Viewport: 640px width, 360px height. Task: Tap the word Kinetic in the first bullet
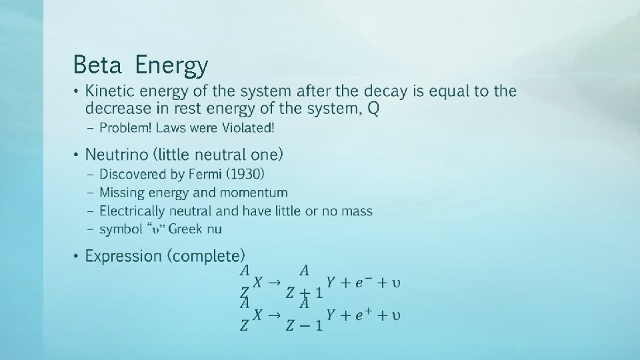coord(109,91)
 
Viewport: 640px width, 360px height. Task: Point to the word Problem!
coord(123,127)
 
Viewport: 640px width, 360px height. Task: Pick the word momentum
coord(257,193)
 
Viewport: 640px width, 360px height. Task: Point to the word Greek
coord(185,229)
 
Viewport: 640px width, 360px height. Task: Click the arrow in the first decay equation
coord(273,282)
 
